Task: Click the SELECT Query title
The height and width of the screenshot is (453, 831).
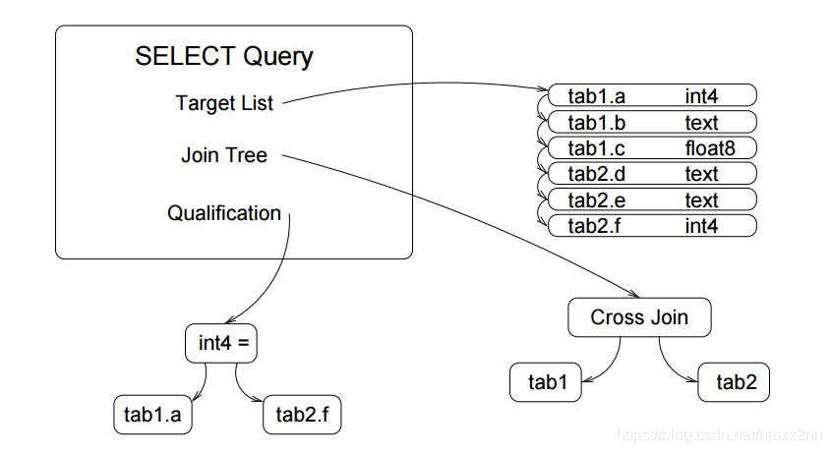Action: coord(223,57)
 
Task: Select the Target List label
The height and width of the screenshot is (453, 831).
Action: coord(224,103)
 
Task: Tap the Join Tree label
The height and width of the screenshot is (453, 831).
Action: coord(224,155)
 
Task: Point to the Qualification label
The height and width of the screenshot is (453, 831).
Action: coord(224,213)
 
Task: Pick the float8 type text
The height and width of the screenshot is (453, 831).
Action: coord(710,148)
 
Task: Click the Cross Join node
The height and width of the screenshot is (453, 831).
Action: coord(639,317)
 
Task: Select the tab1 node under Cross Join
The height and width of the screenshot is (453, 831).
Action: coord(547,382)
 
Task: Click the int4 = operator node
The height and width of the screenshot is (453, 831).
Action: coord(227,343)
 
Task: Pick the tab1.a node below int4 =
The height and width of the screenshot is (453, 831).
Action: coord(152,416)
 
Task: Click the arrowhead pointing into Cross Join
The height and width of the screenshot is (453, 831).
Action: coord(636,295)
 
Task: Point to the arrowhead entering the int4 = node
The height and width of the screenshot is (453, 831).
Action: coord(227,319)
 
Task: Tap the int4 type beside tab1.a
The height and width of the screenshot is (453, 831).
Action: coord(702,96)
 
